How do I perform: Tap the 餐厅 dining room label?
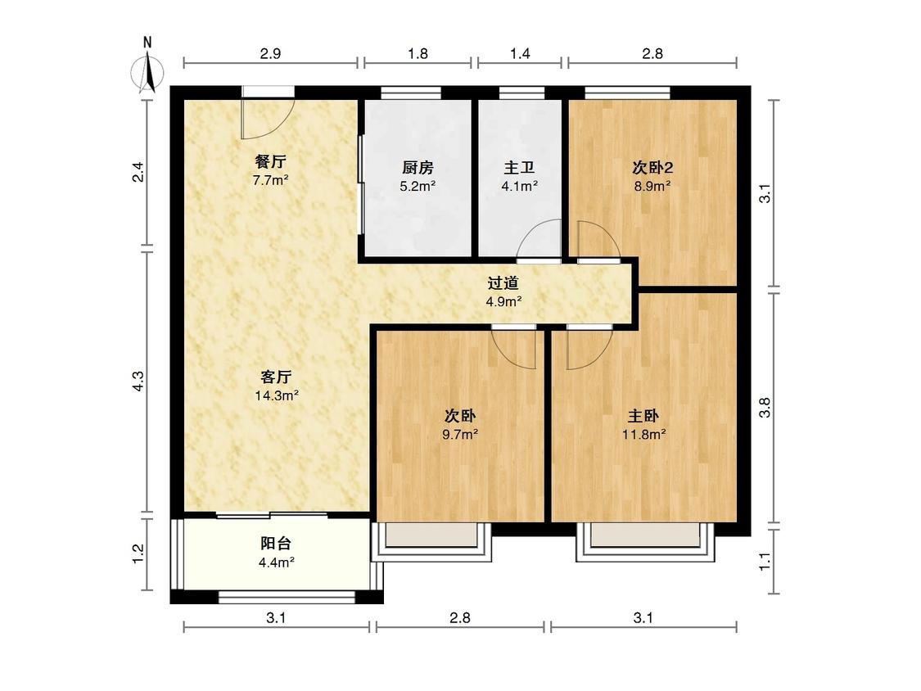(x=270, y=160)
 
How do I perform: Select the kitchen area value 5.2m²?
(x=418, y=187)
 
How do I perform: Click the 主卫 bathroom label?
(x=519, y=168)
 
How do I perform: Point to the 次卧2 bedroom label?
(x=652, y=168)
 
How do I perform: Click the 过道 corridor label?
(x=503, y=283)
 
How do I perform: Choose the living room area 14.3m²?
(x=277, y=395)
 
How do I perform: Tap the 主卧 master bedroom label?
(x=643, y=416)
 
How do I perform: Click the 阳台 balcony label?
(x=276, y=543)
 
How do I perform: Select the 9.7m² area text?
(x=460, y=435)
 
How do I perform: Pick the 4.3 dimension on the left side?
(x=138, y=381)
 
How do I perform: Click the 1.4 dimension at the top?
(x=520, y=54)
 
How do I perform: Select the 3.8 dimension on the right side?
(x=765, y=408)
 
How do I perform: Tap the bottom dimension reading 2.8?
(x=460, y=617)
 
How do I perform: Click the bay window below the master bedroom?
(x=645, y=541)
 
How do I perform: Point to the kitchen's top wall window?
(x=411, y=93)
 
